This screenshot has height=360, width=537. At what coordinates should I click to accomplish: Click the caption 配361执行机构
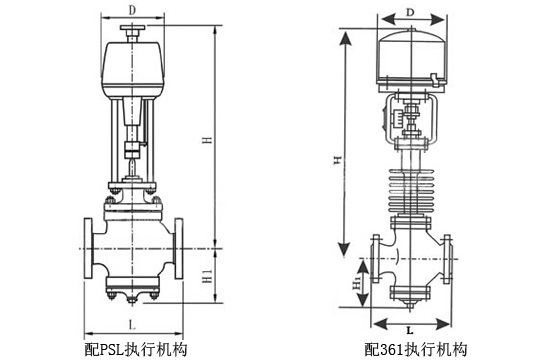point(416,349)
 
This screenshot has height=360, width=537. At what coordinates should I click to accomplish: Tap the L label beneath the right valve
point(412,327)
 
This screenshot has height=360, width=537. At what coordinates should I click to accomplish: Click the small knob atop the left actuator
point(132,34)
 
